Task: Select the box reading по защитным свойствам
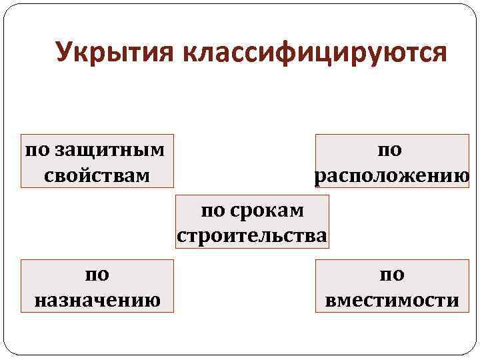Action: (x=97, y=161)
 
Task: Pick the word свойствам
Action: (x=97, y=175)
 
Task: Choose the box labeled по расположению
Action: (x=392, y=161)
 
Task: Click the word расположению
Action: (x=392, y=175)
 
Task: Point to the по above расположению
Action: (x=391, y=149)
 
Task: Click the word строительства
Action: (x=252, y=236)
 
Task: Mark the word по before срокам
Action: (x=213, y=210)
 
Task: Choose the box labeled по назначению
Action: (x=97, y=286)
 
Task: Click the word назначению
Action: (x=97, y=300)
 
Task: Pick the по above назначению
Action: (x=97, y=273)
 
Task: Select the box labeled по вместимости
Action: (x=392, y=286)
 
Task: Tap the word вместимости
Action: (x=392, y=300)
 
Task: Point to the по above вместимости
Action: (x=392, y=273)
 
